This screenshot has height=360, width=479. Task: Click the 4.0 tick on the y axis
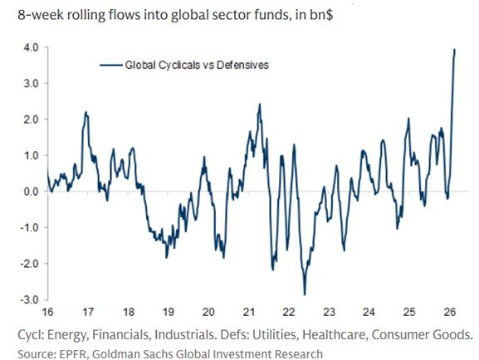31,48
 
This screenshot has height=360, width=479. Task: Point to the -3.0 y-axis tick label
29,299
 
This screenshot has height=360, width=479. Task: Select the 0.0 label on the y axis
31,192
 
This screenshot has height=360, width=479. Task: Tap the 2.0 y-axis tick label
31,119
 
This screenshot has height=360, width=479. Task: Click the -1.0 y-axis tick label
29,227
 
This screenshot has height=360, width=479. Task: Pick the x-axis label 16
47,314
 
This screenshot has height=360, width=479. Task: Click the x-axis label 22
289,314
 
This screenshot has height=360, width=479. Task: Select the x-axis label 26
450,314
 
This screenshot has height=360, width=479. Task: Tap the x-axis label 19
168,314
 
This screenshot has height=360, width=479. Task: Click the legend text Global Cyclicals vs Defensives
197,64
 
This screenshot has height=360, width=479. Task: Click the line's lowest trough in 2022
305,294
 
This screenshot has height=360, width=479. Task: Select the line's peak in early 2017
86,112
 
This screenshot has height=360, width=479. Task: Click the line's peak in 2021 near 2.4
260,105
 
